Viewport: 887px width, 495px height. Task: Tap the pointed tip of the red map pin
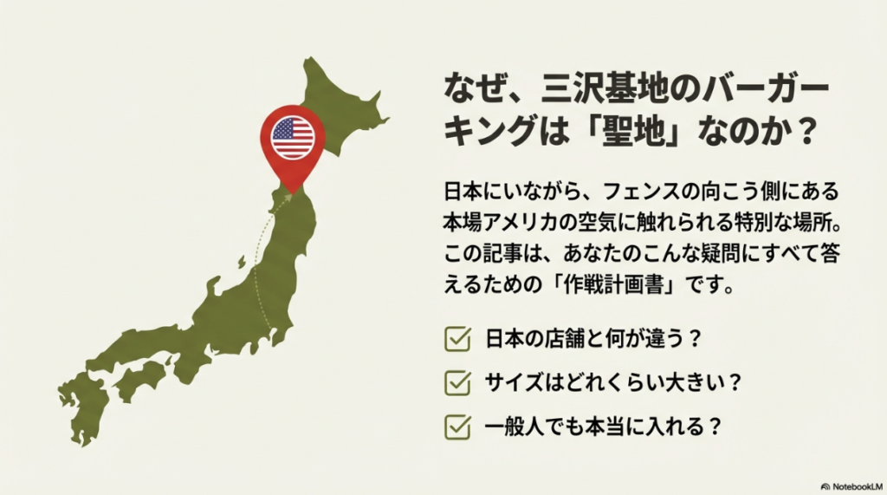pyautogui.click(x=293, y=190)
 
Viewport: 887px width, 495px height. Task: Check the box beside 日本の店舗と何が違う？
pyautogui.click(x=456, y=339)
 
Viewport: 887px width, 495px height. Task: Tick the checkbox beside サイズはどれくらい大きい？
pyautogui.click(x=456, y=382)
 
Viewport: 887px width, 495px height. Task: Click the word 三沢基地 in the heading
pyautogui.click(x=583, y=88)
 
